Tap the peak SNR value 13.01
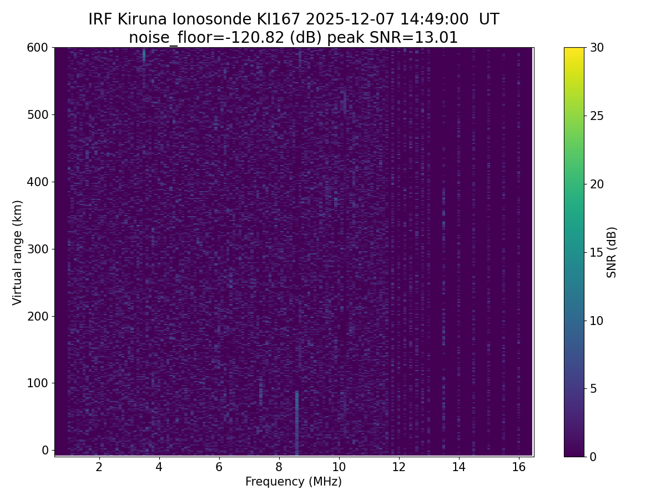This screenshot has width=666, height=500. pos(437,38)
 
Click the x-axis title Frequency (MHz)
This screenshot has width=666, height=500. pos(294,482)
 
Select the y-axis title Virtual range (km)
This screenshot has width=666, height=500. pos(18,252)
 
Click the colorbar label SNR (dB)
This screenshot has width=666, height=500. pos(612,252)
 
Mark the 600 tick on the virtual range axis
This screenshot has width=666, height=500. pos(38,48)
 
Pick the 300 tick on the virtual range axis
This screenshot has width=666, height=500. pos(38,249)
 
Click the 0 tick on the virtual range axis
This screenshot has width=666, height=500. pos(46,450)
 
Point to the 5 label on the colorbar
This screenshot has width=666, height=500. pos(593,388)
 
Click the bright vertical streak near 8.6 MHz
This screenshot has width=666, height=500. pos(297,422)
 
